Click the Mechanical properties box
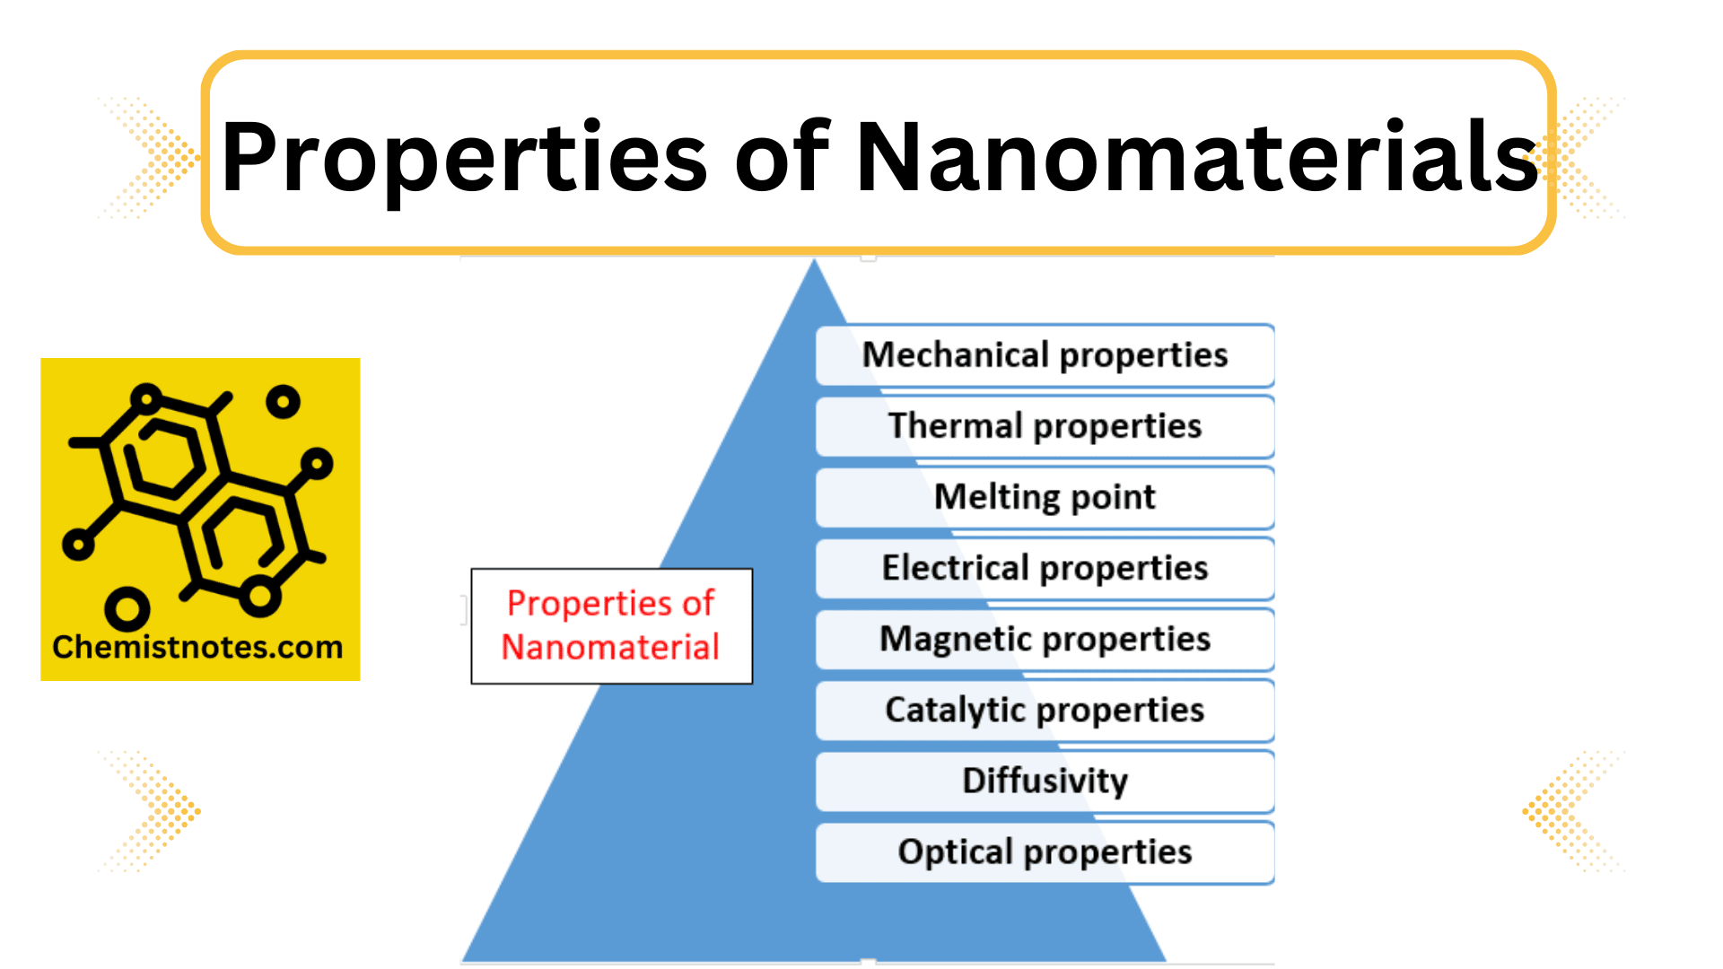pos(1045,355)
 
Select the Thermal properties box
pos(1045,426)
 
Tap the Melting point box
pos(1045,497)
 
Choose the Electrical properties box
pos(1045,568)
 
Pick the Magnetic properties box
pos(1045,639)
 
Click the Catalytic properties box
pos(1045,710)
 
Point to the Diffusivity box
pos(1045,781)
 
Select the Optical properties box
pos(1045,851)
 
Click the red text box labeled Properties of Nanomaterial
pos(611,625)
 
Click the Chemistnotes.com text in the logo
pos(197,647)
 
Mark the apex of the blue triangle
pos(814,262)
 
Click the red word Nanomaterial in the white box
pos(610,647)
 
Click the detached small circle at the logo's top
pos(283,401)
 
